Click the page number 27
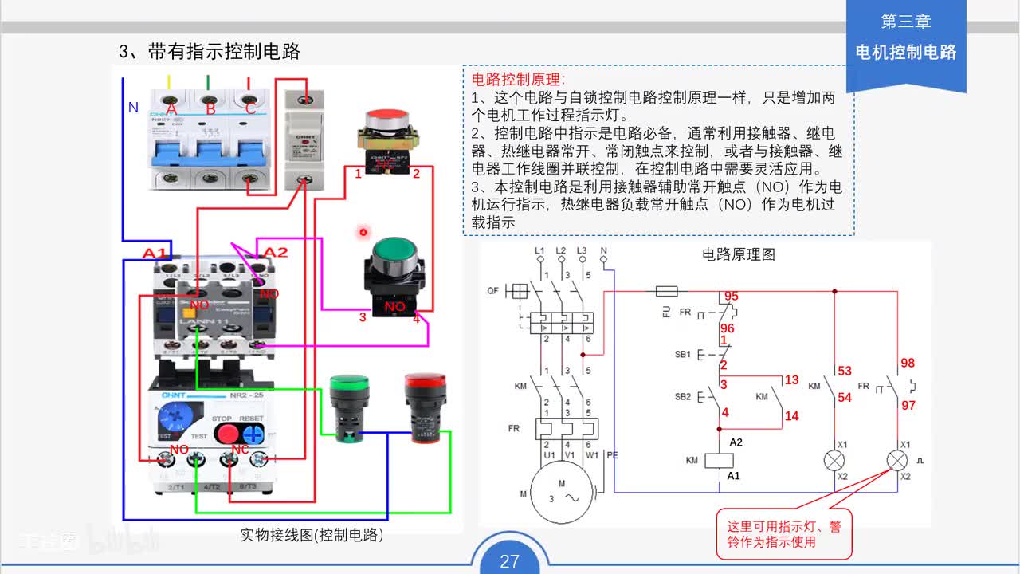pyautogui.click(x=509, y=561)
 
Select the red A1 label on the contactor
pyautogui.click(x=155, y=254)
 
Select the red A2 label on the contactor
pyautogui.click(x=275, y=253)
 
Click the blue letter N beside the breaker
pyautogui.click(x=133, y=107)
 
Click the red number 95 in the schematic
pyautogui.click(x=731, y=297)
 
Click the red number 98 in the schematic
pyautogui.click(x=907, y=364)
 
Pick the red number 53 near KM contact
pyautogui.click(x=845, y=371)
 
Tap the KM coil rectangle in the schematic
pyautogui.click(x=721, y=460)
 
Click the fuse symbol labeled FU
pyautogui.click(x=665, y=291)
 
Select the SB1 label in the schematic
pyautogui.click(x=682, y=354)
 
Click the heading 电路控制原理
pyautogui.click(x=518, y=80)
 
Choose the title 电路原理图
pyautogui.click(x=738, y=255)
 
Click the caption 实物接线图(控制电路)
pyautogui.click(x=312, y=535)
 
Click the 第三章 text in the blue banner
pyautogui.click(x=905, y=22)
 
